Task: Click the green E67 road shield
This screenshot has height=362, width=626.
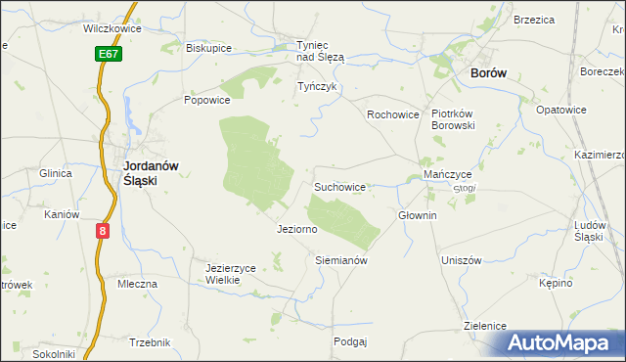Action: (x=110, y=54)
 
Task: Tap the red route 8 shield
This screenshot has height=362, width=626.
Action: (x=103, y=231)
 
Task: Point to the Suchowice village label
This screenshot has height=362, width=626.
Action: (x=339, y=185)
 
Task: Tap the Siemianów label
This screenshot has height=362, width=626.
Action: (x=340, y=261)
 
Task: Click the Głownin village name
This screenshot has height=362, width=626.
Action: (x=417, y=215)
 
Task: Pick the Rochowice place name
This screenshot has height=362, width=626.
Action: (x=392, y=114)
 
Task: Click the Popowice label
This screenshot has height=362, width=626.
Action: (x=206, y=100)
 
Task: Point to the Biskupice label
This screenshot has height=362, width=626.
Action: (x=208, y=47)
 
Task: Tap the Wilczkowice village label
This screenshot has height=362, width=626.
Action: (x=112, y=28)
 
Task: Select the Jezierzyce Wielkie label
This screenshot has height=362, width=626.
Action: (x=230, y=273)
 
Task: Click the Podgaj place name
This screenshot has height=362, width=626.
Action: (x=349, y=341)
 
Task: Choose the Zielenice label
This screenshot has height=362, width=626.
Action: (x=485, y=325)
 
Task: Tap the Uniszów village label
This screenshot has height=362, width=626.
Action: (x=462, y=260)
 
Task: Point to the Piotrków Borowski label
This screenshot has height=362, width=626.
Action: (x=453, y=119)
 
